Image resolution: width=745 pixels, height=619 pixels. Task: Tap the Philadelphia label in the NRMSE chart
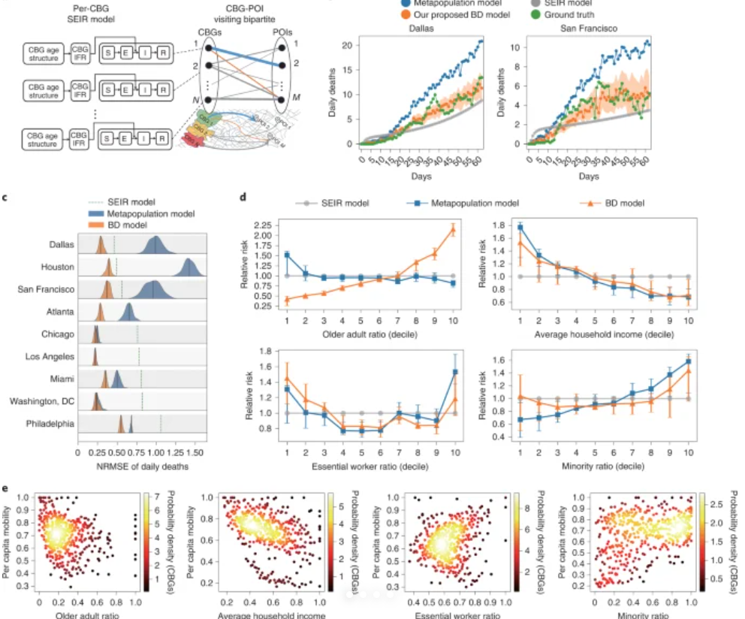pyautogui.click(x=52, y=423)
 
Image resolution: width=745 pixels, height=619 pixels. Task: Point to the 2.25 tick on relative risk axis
pyautogui.click(x=263, y=225)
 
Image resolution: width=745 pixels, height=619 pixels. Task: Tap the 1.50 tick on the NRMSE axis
pyautogui.click(x=195, y=454)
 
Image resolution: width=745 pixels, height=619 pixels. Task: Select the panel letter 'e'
pyautogui.click(x=6, y=487)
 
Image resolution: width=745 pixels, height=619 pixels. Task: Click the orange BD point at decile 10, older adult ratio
pyautogui.click(x=453, y=229)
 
